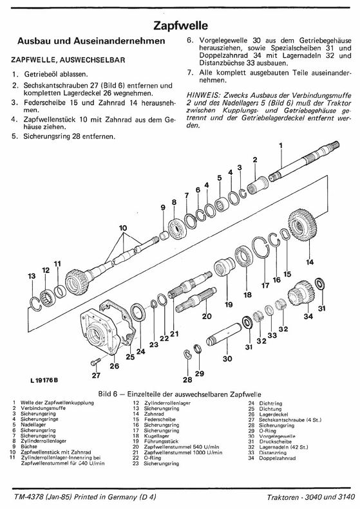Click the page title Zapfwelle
(180, 26)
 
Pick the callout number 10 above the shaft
(123, 228)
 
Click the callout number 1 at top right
(281, 146)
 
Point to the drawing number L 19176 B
(44, 380)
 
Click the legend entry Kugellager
(156, 436)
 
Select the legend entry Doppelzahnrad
(277, 458)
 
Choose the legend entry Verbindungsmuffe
(43, 408)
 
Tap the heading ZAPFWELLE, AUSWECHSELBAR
(68, 60)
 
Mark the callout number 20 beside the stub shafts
(207, 316)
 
